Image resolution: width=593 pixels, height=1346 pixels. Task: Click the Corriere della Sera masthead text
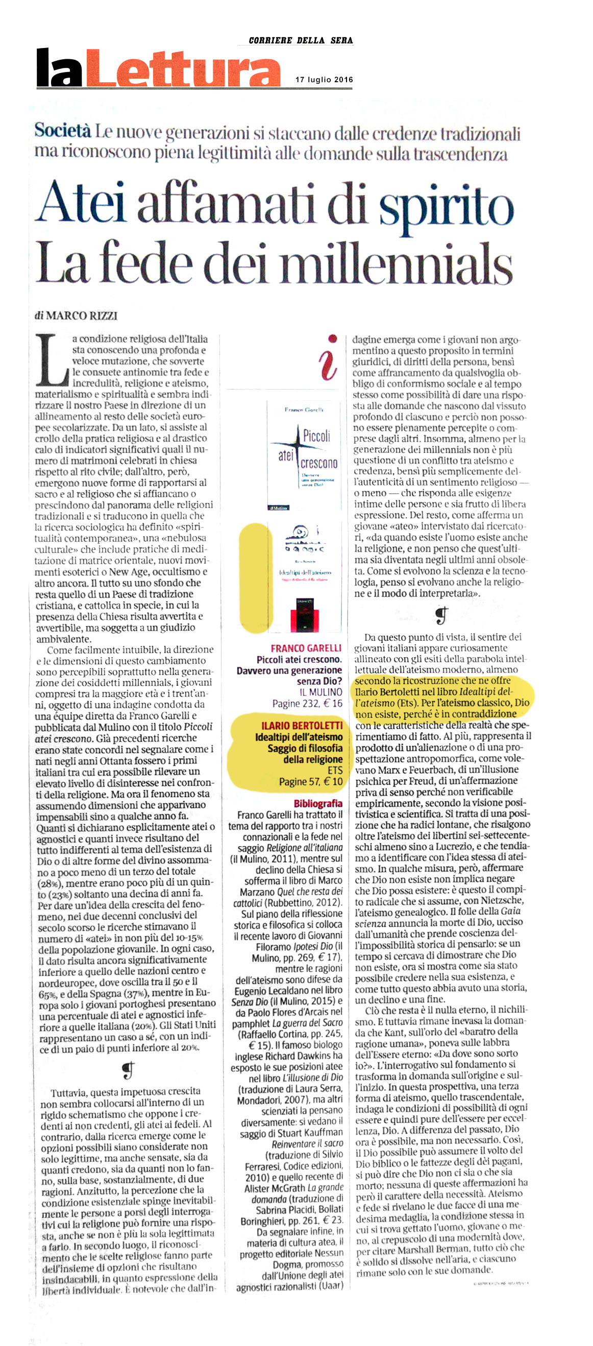301,40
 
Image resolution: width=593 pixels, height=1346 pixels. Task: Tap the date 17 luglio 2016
324,80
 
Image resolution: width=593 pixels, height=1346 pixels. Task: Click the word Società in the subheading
63,131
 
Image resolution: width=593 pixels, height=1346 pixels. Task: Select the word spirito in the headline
447,206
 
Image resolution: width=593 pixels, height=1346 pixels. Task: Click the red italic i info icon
328,358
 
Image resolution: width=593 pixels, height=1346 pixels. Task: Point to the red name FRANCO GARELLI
306,648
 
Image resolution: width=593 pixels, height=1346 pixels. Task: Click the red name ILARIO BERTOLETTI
302,726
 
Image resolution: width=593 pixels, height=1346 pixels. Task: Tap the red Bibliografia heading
318,804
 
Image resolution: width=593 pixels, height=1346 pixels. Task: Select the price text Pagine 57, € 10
311,782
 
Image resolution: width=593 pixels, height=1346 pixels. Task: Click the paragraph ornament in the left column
128,1071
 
